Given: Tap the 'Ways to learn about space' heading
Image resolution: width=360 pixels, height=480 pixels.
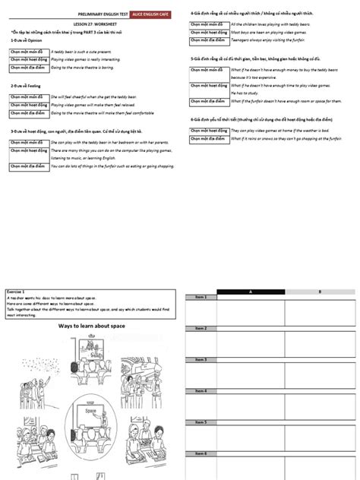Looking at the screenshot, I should point(93,326).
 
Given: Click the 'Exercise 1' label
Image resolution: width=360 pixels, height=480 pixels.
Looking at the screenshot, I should point(17,292).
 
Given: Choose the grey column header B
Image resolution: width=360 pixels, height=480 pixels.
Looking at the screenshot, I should point(319,292).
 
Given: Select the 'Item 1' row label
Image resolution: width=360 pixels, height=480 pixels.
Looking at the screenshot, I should point(201,297).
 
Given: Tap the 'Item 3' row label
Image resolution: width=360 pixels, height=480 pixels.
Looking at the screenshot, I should point(201,358).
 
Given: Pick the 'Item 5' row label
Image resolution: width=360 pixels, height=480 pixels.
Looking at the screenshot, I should point(201,422).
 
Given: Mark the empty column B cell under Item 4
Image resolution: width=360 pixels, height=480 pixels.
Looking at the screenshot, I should point(319,406).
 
